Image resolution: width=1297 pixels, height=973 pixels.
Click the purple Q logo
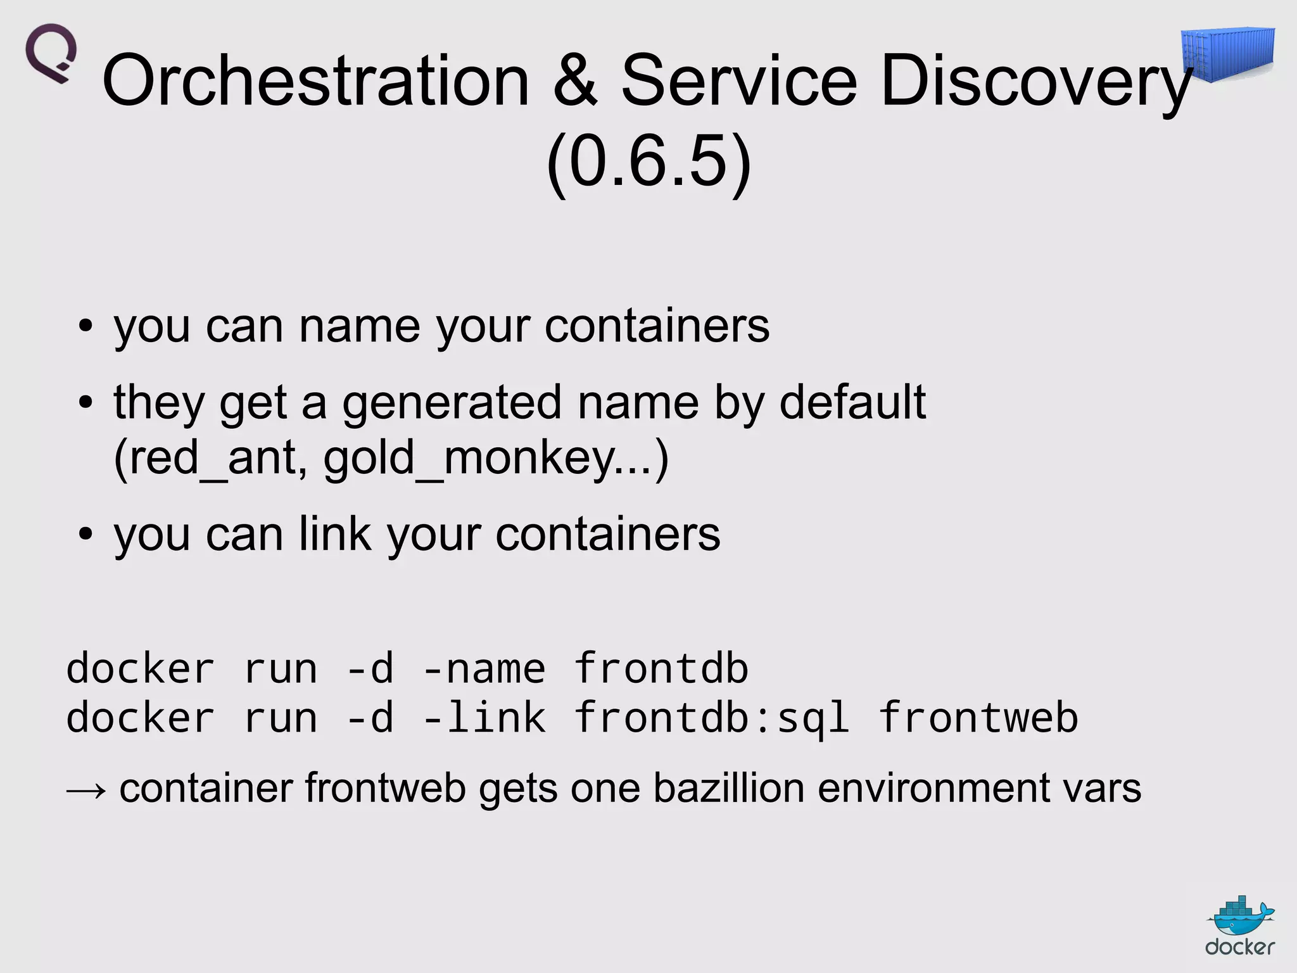pos(51,53)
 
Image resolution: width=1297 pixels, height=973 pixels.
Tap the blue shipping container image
pos(1228,54)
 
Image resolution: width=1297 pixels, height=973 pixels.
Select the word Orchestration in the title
pos(315,81)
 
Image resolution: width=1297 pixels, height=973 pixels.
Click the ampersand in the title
pos(575,81)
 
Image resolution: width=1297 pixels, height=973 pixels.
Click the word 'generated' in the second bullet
pos(452,403)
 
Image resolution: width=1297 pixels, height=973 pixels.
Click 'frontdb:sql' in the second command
pos(712,718)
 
